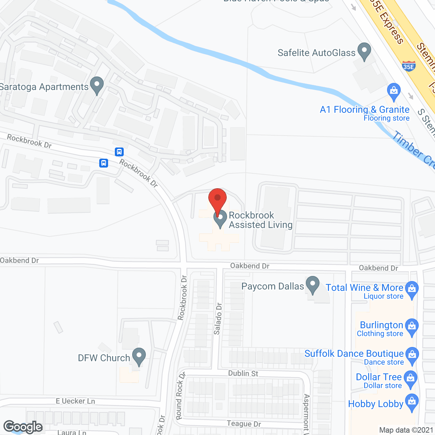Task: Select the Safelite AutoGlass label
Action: [x=316, y=53]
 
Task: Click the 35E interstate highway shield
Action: [x=408, y=66]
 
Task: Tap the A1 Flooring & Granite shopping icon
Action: [x=394, y=91]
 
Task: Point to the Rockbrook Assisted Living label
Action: [x=260, y=220]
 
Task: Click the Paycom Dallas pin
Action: [x=312, y=285]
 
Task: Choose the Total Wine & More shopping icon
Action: [x=412, y=290]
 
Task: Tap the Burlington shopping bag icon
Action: [x=412, y=327]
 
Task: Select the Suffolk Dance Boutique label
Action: [x=354, y=354]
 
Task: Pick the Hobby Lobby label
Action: [x=376, y=404]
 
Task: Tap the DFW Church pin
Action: [x=139, y=356]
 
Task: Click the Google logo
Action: [x=23, y=427]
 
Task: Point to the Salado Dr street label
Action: [x=218, y=318]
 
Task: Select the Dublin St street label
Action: [x=243, y=373]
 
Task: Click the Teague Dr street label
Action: [x=244, y=424]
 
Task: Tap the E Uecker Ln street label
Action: [x=75, y=401]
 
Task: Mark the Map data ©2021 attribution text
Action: [x=406, y=430]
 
